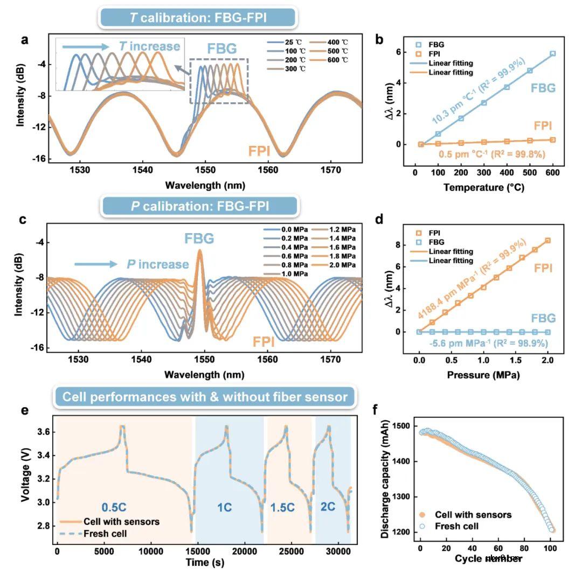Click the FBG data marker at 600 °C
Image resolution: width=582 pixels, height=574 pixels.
pos(552,54)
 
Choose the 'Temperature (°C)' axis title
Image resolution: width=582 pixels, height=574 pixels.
pos(483,187)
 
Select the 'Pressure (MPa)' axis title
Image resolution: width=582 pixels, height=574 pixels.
pos(483,375)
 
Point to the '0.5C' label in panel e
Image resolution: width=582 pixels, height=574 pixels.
pos(117,507)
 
